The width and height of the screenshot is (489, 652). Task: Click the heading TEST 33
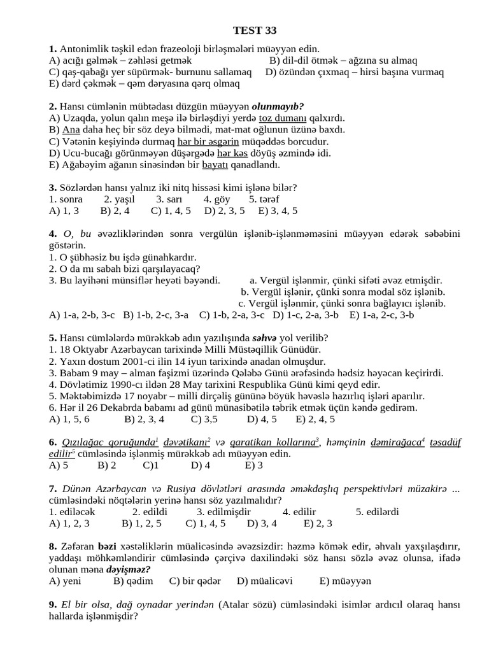tap(255, 30)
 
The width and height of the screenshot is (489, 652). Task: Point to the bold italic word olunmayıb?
tap(278, 106)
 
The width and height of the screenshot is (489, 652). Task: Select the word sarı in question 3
tap(165, 199)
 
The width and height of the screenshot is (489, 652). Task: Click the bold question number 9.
tap(53, 604)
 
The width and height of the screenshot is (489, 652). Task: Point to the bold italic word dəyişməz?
tap(129, 569)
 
